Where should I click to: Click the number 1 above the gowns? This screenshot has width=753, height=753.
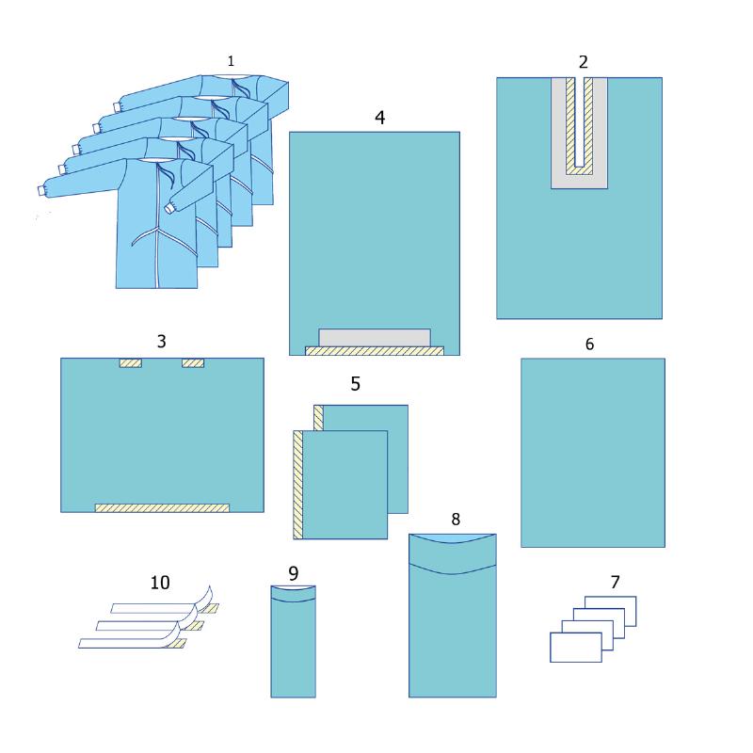click(x=231, y=61)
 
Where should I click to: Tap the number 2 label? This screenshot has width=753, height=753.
click(x=583, y=62)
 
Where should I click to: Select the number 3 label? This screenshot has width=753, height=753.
click(x=161, y=342)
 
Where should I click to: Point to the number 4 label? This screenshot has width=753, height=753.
click(x=380, y=118)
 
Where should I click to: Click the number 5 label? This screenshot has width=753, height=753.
click(x=356, y=384)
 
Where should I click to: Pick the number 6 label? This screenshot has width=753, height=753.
click(x=590, y=344)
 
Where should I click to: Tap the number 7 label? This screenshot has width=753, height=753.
click(x=616, y=582)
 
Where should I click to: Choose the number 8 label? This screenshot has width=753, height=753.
click(x=456, y=520)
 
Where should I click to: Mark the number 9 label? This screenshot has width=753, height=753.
click(x=294, y=573)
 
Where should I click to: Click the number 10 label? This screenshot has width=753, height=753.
click(x=160, y=583)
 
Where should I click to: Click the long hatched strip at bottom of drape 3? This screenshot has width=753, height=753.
click(x=162, y=508)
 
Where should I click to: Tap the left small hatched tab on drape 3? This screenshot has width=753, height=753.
click(x=131, y=363)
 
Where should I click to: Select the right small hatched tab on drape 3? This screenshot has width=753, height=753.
click(x=193, y=363)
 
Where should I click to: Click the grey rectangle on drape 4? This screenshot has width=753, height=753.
click(x=375, y=338)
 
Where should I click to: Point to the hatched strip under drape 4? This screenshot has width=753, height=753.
click(x=375, y=351)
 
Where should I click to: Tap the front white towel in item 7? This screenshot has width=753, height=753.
click(x=576, y=648)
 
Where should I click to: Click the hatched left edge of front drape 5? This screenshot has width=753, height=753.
click(x=297, y=485)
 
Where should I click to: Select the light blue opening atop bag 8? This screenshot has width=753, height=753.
click(x=453, y=538)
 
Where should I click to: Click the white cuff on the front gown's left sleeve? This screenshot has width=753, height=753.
click(x=41, y=191)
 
